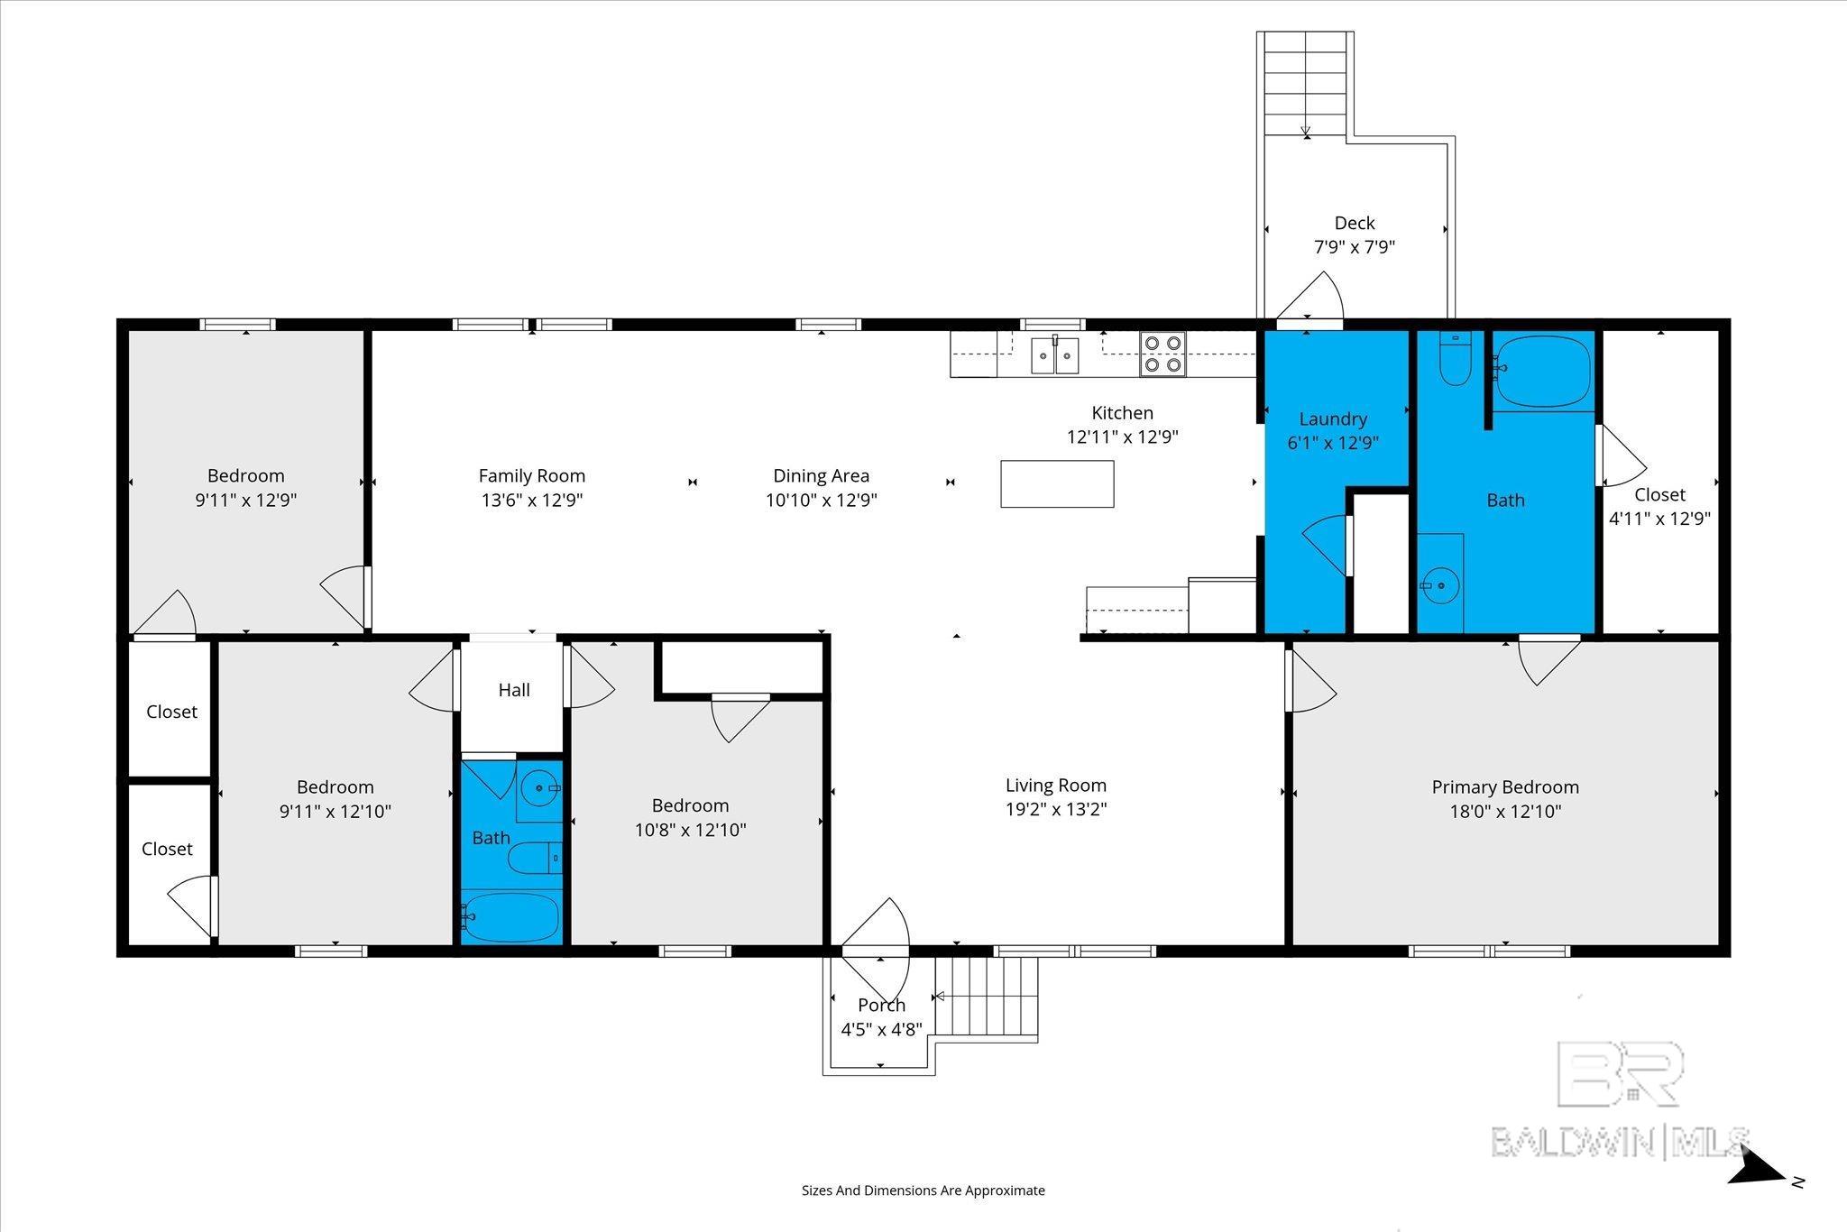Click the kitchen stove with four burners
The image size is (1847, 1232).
pyautogui.click(x=1162, y=354)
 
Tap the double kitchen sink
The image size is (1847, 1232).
pyautogui.click(x=1055, y=354)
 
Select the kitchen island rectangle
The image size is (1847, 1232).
pyautogui.click(x=1057, y=483)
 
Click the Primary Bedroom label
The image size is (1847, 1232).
pyautogui.click(x=1505, y=786)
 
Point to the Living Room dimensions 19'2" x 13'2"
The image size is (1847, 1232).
pyautogui.click(x=1056, y=809)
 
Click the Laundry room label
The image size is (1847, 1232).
pyautogui.click(x=1333, y=418)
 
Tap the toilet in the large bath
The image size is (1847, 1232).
pyautogui.click(x=1455, y=358)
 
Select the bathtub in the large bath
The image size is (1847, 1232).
pyautogui.click(x=1543, y=372)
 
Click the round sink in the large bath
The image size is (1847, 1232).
pyautogui.click(x=1440, y=585)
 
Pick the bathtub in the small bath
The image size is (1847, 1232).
pyautogui.click(x=511, y=917)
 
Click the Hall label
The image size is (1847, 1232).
pyautogui.click(x=514, y=690)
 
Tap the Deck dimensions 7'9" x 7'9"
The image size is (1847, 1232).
pyautogui.click(x=1355, y=246)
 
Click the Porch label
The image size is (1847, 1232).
pyautogui.click(x=881, y=1005)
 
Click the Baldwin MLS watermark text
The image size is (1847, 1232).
pyautogui.click(x=1621, y=1142)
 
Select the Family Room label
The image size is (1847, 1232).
pyautogui.click(x=532, y=475)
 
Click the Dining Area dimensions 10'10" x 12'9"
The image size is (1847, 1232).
pyautogui.click(x=822, y=500)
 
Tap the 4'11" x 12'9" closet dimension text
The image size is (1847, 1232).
pyautogui.click(x=1660, y=519)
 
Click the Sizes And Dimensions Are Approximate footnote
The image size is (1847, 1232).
pyautogui.click(x=923, y=1191)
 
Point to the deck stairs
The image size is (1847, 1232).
pyautogui.click(x=1306, y=83)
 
